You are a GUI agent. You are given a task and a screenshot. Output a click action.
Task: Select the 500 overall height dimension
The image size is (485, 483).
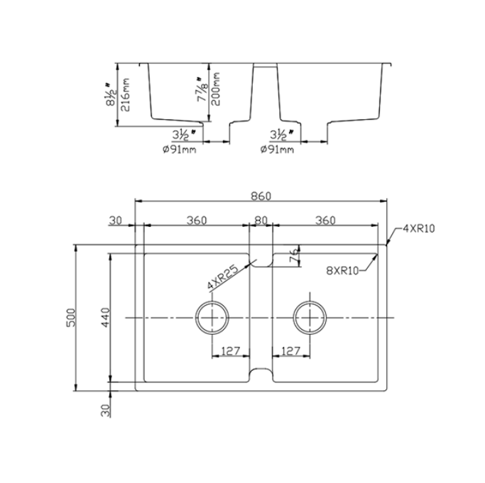coord(70,317)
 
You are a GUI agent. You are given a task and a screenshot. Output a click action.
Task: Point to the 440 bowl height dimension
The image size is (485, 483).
coord(104,317)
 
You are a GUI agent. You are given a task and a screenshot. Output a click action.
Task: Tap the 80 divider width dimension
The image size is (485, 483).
coord(261,221)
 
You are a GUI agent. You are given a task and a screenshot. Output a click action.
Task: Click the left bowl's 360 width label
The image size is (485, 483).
coord(197,221)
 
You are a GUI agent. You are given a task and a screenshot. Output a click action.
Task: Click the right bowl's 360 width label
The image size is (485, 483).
coord(325,221)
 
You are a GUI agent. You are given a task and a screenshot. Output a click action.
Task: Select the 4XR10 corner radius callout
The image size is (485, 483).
coord(418,228)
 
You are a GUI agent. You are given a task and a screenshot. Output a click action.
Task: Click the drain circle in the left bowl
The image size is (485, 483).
coord(212,318)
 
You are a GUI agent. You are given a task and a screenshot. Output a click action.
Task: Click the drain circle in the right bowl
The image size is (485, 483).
coord(310,318)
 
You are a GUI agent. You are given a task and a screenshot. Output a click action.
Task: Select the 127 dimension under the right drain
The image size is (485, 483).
coord(291,350)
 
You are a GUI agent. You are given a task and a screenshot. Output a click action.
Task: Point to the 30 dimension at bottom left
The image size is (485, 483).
coord(104,409)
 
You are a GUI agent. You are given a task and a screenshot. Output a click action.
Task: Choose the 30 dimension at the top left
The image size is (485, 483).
coord(116,221)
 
